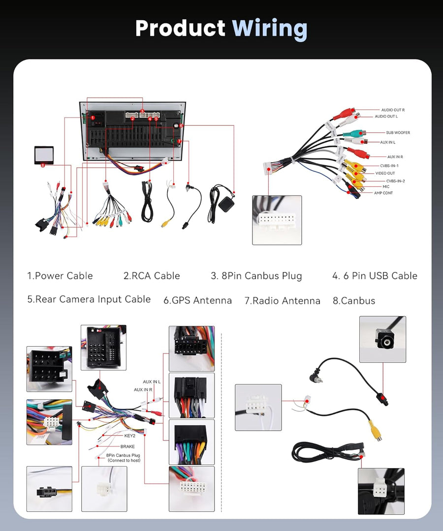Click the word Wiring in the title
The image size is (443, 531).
coord(269,29)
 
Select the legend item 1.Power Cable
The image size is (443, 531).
coord(60,276)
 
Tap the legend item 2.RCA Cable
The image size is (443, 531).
coord(152,276)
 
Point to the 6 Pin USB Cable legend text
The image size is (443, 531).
coord(375,276)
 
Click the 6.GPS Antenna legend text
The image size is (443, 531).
coord(197,300)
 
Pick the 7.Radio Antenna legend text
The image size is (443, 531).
coord(283,300)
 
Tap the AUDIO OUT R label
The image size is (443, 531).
coord(393,110)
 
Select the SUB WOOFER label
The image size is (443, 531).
coord(398,133)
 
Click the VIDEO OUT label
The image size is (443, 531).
coord(385,173)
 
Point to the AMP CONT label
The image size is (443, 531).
coord(383,193)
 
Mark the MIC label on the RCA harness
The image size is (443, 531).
coord(386,187)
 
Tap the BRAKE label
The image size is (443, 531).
coord(127,446)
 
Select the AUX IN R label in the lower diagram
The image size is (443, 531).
coord(143,390)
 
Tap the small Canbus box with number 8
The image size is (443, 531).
coord(44,155)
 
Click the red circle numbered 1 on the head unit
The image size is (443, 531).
coord(93,118)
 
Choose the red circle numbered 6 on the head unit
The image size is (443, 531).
coord(181,126)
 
